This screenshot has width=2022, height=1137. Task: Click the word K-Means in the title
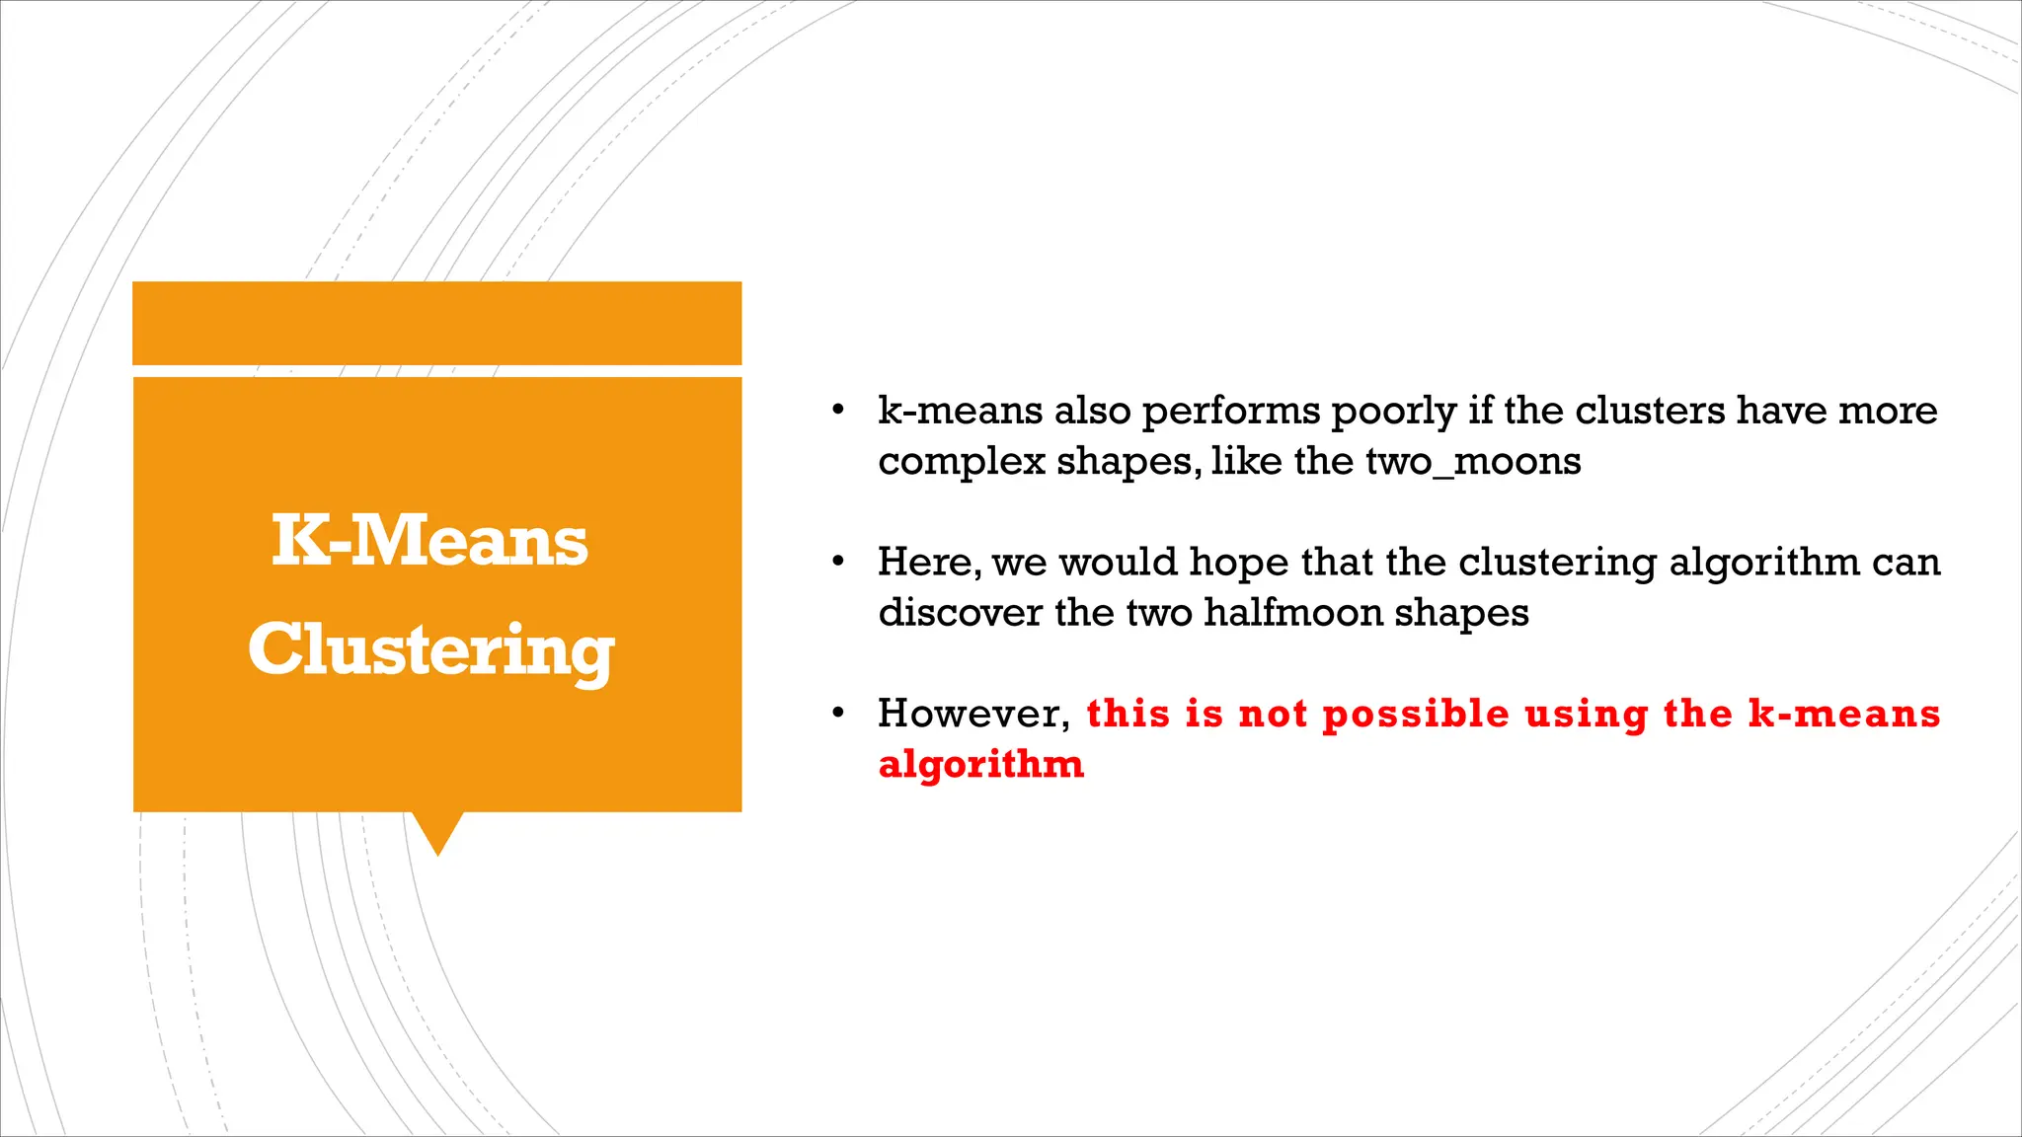click(429, 541)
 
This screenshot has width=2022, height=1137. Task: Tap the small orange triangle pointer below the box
click(437, 832)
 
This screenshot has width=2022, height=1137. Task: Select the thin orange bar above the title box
click(436, 323)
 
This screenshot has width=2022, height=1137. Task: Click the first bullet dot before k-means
click(837, 410)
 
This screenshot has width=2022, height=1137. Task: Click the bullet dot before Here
click(837, 562)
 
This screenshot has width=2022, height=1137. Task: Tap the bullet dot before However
click(837, 713)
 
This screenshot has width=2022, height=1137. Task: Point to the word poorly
click(1393, 411)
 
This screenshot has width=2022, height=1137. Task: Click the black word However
click(973, 714)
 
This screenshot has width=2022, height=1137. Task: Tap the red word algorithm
click(980, 764)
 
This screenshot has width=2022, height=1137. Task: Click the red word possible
click(1415, 714)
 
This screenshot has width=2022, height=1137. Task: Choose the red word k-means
click(1843, 714)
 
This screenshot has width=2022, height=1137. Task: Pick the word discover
click(960, 613)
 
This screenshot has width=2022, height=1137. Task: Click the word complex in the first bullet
click(961, 461)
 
